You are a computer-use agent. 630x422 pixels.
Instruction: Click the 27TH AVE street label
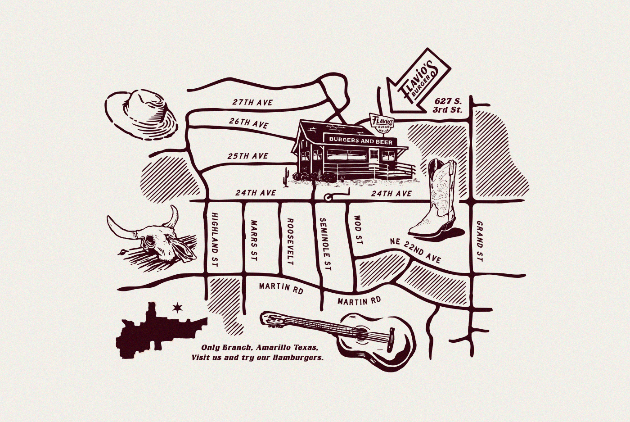[252, 102]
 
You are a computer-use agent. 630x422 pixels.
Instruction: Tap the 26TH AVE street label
[248, 123]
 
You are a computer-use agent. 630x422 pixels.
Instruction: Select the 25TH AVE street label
[247, 156]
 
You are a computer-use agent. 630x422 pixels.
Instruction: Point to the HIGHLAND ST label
[214, 240]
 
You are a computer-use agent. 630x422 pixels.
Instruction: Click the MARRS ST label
[253, 240]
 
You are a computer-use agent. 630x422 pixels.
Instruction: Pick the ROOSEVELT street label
[290, 241]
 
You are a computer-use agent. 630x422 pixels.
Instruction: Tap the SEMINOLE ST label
[325, 243]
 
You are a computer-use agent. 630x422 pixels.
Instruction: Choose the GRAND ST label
[480, 241]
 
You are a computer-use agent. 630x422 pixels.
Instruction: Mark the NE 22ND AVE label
[415, 250]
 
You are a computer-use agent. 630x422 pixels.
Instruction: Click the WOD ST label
[358, 230]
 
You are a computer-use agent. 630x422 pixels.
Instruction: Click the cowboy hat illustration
[142, 114]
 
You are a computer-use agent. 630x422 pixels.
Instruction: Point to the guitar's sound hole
[361, 334]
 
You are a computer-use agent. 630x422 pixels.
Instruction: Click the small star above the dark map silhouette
[178, 308]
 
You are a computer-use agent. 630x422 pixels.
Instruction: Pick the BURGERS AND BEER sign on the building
[360, 140]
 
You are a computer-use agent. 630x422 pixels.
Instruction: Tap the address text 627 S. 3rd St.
[447, 105]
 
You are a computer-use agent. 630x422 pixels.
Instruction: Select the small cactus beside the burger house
[285, 177]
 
